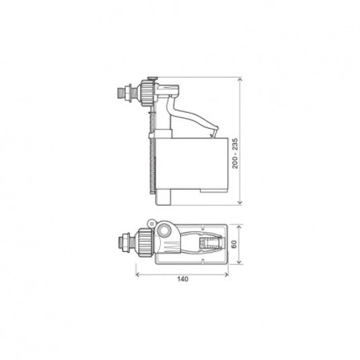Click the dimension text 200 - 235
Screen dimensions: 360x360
235,154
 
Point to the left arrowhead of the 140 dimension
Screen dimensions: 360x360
136,273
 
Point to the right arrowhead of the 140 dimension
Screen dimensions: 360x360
228,273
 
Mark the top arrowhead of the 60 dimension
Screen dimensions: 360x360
239,225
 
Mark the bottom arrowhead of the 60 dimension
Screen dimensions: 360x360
239,263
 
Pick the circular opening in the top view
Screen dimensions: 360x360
165,231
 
